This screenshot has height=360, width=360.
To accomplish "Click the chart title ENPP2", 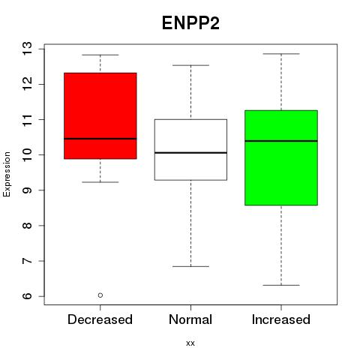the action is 190,23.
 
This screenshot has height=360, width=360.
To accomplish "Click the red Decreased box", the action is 100,115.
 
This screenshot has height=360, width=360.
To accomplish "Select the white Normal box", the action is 190,150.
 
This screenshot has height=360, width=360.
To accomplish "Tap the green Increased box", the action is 281,157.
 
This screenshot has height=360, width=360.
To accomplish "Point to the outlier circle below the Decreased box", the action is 100,295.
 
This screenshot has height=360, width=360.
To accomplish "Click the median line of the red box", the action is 100,139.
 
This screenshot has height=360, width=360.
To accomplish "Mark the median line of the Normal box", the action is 190,152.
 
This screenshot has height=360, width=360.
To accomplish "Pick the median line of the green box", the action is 281,141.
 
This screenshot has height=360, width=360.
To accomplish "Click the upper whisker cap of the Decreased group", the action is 100,55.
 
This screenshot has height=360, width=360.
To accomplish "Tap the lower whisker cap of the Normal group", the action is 190,266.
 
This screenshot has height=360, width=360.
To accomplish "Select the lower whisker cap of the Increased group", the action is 281,285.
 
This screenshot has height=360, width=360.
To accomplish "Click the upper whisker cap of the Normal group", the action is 190,65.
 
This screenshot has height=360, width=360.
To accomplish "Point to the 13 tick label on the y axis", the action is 28,49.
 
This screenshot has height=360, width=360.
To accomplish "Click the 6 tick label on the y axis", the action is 28,296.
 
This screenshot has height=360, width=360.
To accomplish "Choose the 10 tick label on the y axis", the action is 28,154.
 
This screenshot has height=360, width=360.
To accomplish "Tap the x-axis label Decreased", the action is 100,319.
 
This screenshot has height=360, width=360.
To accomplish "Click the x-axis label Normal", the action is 190,319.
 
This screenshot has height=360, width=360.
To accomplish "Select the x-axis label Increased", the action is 281,319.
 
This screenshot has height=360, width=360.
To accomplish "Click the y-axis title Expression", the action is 7,174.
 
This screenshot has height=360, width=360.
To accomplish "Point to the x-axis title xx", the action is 190,343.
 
